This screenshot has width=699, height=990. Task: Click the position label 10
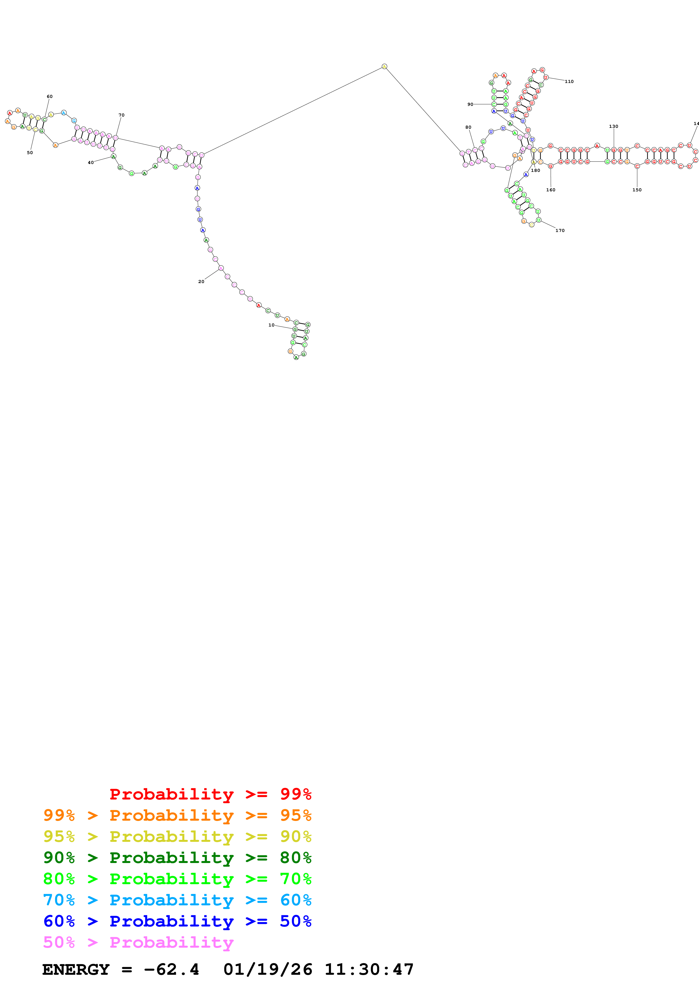tap(271, 325)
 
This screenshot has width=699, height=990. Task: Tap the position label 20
tap(201, 282)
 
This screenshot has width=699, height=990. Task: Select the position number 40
tap(91, 163)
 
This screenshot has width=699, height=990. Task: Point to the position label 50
tap(30, 153)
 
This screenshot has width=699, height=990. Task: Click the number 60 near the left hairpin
tap(50, 97)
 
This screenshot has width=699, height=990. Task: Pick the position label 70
tap(122, 115)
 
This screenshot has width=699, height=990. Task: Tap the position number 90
tap(470, 104)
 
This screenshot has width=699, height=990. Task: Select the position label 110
tap(569, 82)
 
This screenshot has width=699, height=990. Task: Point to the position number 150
tap(637, 190)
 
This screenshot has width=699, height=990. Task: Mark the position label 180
tap(535, 170)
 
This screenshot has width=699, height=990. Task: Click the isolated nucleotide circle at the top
tap(384, 66)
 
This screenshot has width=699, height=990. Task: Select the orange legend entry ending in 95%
tap(177, 815)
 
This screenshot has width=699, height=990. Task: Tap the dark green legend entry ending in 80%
tap(177, 858)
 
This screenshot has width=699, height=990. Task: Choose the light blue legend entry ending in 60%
tap(177, 900)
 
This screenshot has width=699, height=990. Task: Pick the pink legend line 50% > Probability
tap(138, 942)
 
